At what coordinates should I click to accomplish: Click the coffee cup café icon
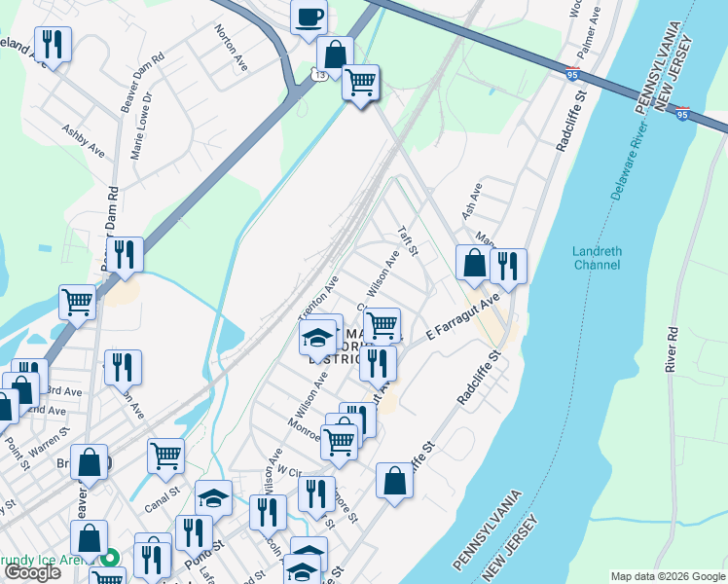pyautogui.click(x=309, y=18)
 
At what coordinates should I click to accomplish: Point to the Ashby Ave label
pyautogui.click(x=83, y=140)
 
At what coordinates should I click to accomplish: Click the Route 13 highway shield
pyautogui.click(x=319, y=75)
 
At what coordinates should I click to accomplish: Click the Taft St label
pyautogui.click(x=407, y=241)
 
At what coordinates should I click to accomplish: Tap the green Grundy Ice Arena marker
pyautogui.click(x=111, y=558)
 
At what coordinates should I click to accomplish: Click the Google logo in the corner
pyautogui.click(x=33, y=572)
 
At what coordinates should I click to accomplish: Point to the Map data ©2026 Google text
pyautogui.click(x=667, y=576)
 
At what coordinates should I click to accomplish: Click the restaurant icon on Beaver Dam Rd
pyautogui.click(x=125, y=255)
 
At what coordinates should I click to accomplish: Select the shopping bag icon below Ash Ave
pyautogui.click(x=474, y=263)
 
